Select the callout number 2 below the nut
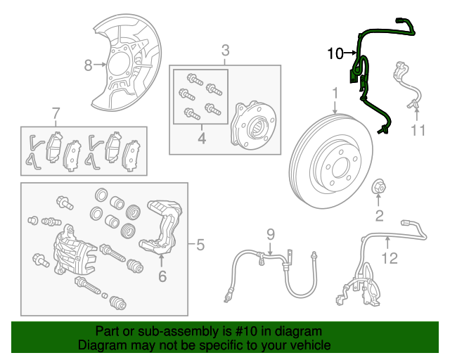(x=379, y=214)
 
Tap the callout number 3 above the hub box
(x=225, y=51)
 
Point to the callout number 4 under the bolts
(x=201, y=139)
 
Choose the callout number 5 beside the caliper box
(x=200, y=245)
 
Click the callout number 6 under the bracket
(x=162, y=276)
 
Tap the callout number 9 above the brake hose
(x=269, y=234)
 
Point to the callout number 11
(x=418, y=130)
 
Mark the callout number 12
(x=389, y=259)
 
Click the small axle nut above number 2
(x=378, y=188)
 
